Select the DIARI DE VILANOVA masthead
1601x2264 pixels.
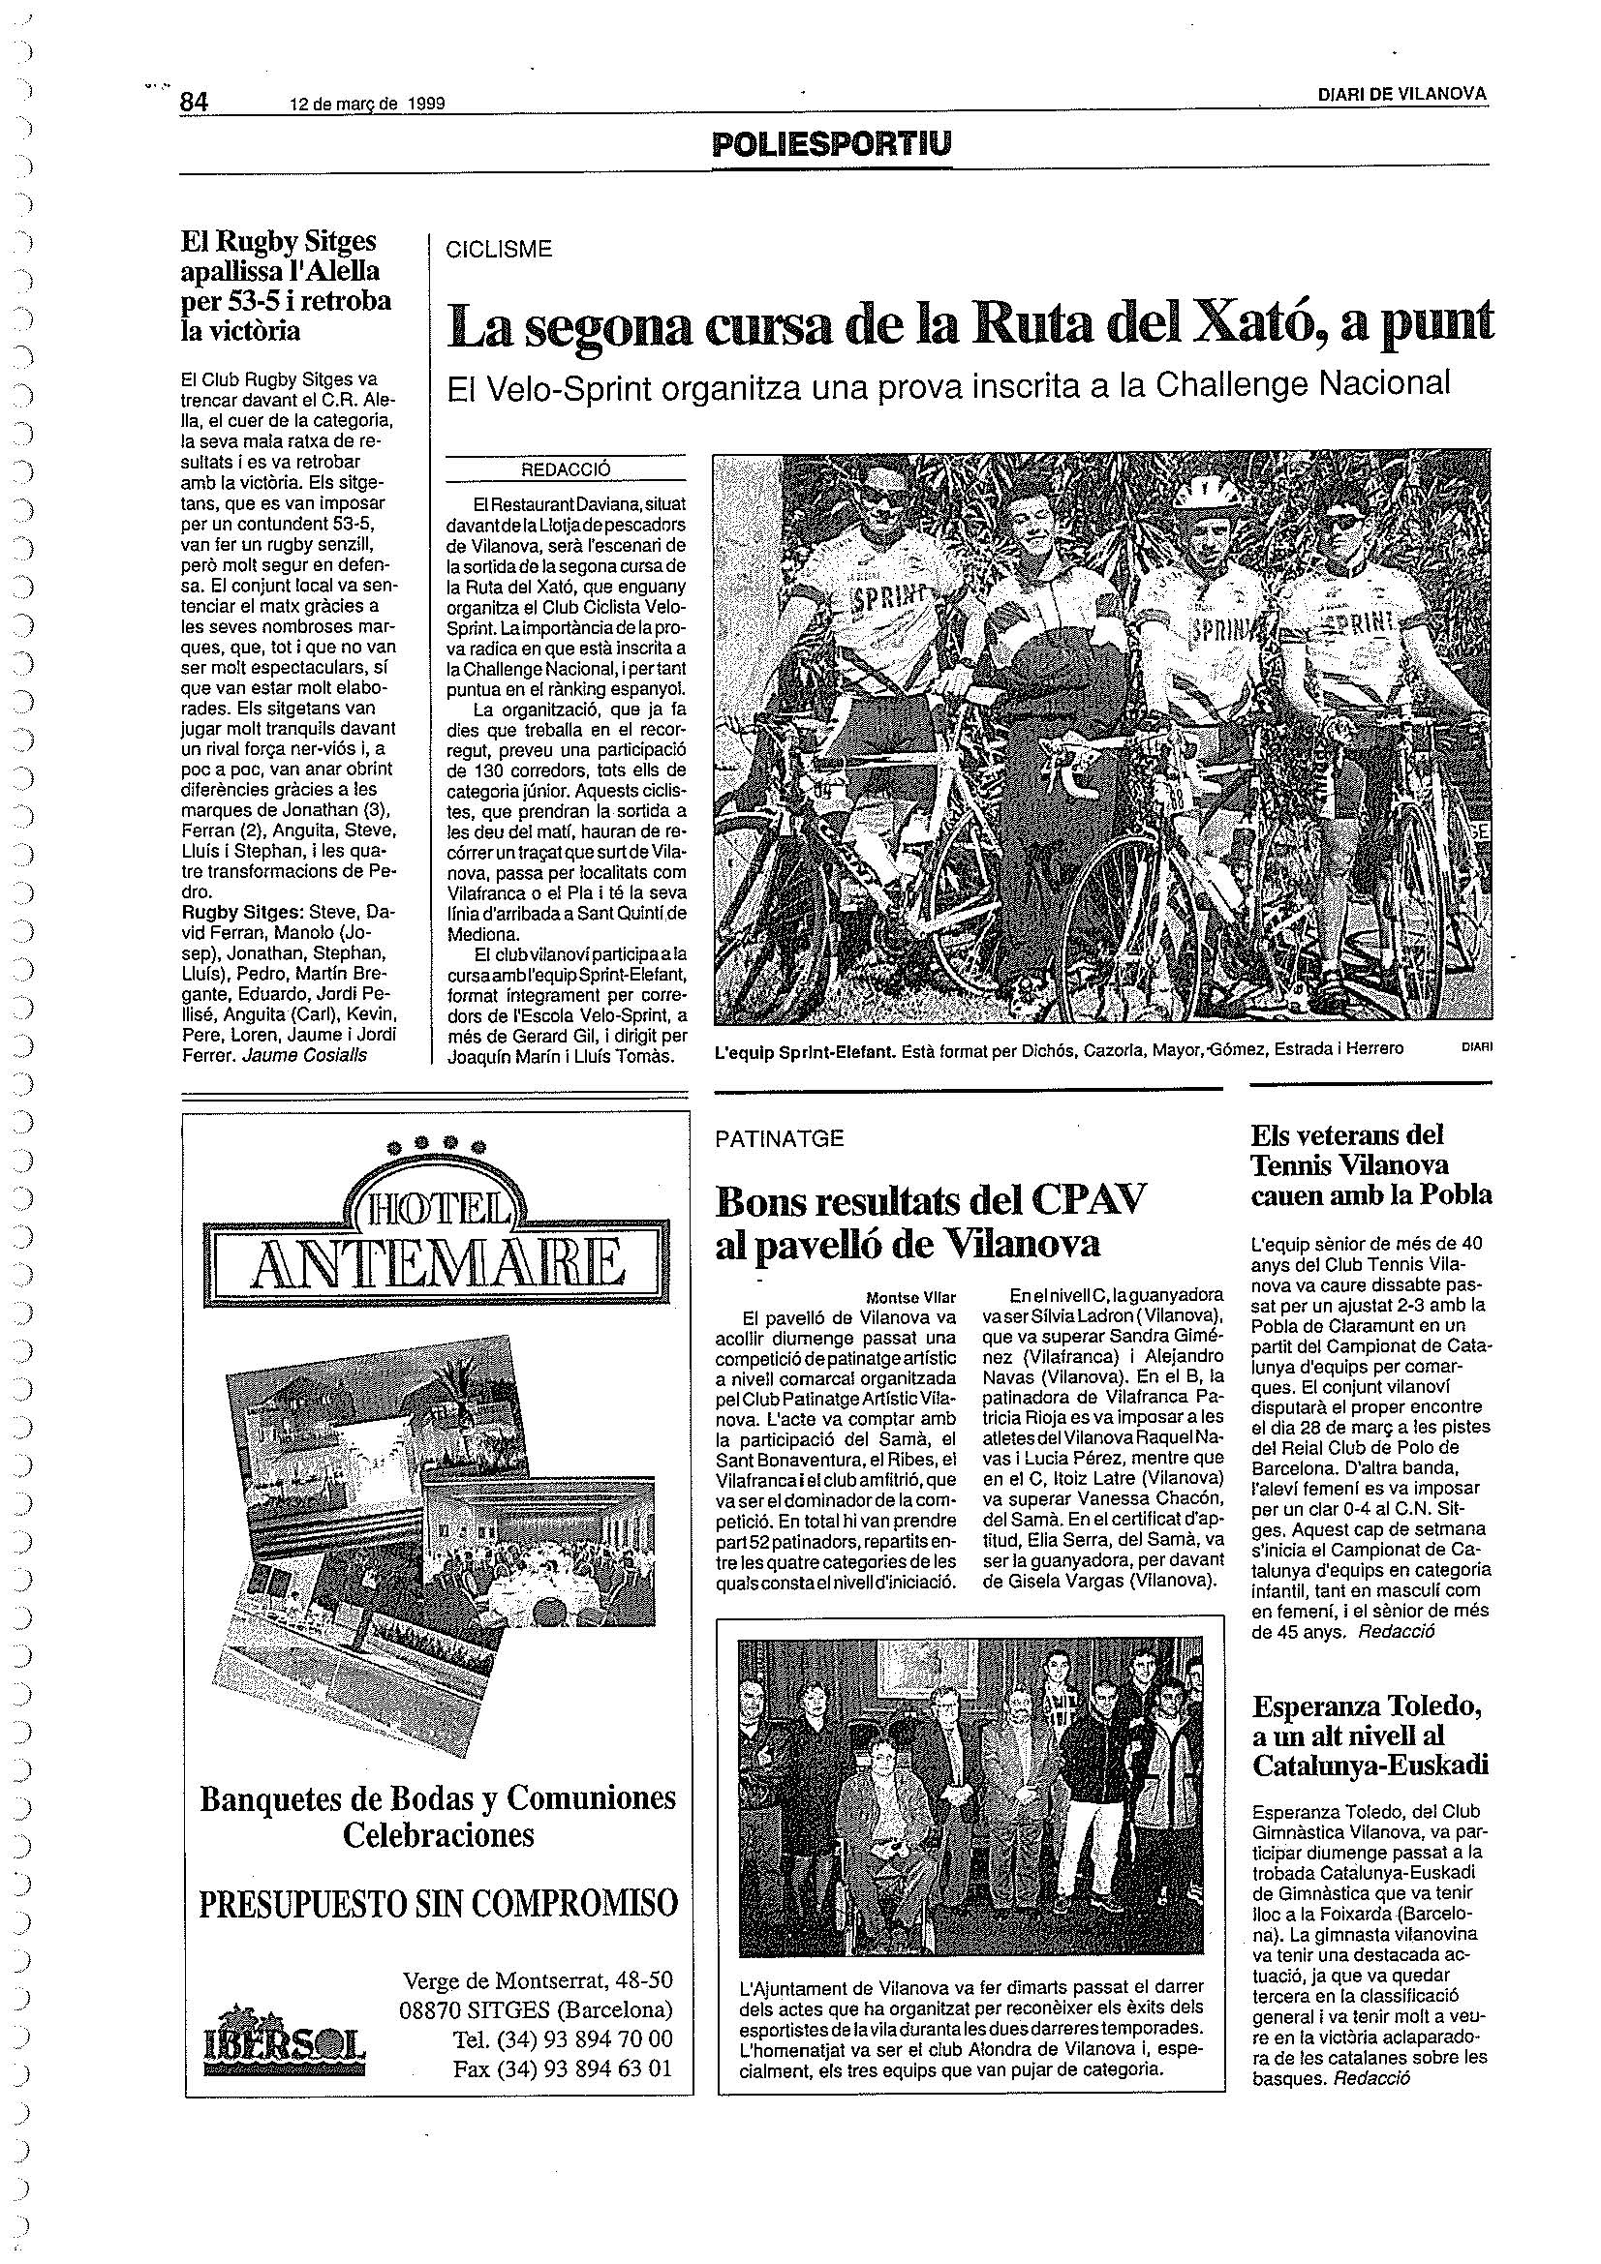point(1402,94)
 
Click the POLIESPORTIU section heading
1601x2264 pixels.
point(832,145)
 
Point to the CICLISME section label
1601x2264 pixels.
point(498,251)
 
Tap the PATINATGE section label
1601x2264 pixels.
point(780,1138)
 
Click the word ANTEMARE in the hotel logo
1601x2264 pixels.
point(437,1265)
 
